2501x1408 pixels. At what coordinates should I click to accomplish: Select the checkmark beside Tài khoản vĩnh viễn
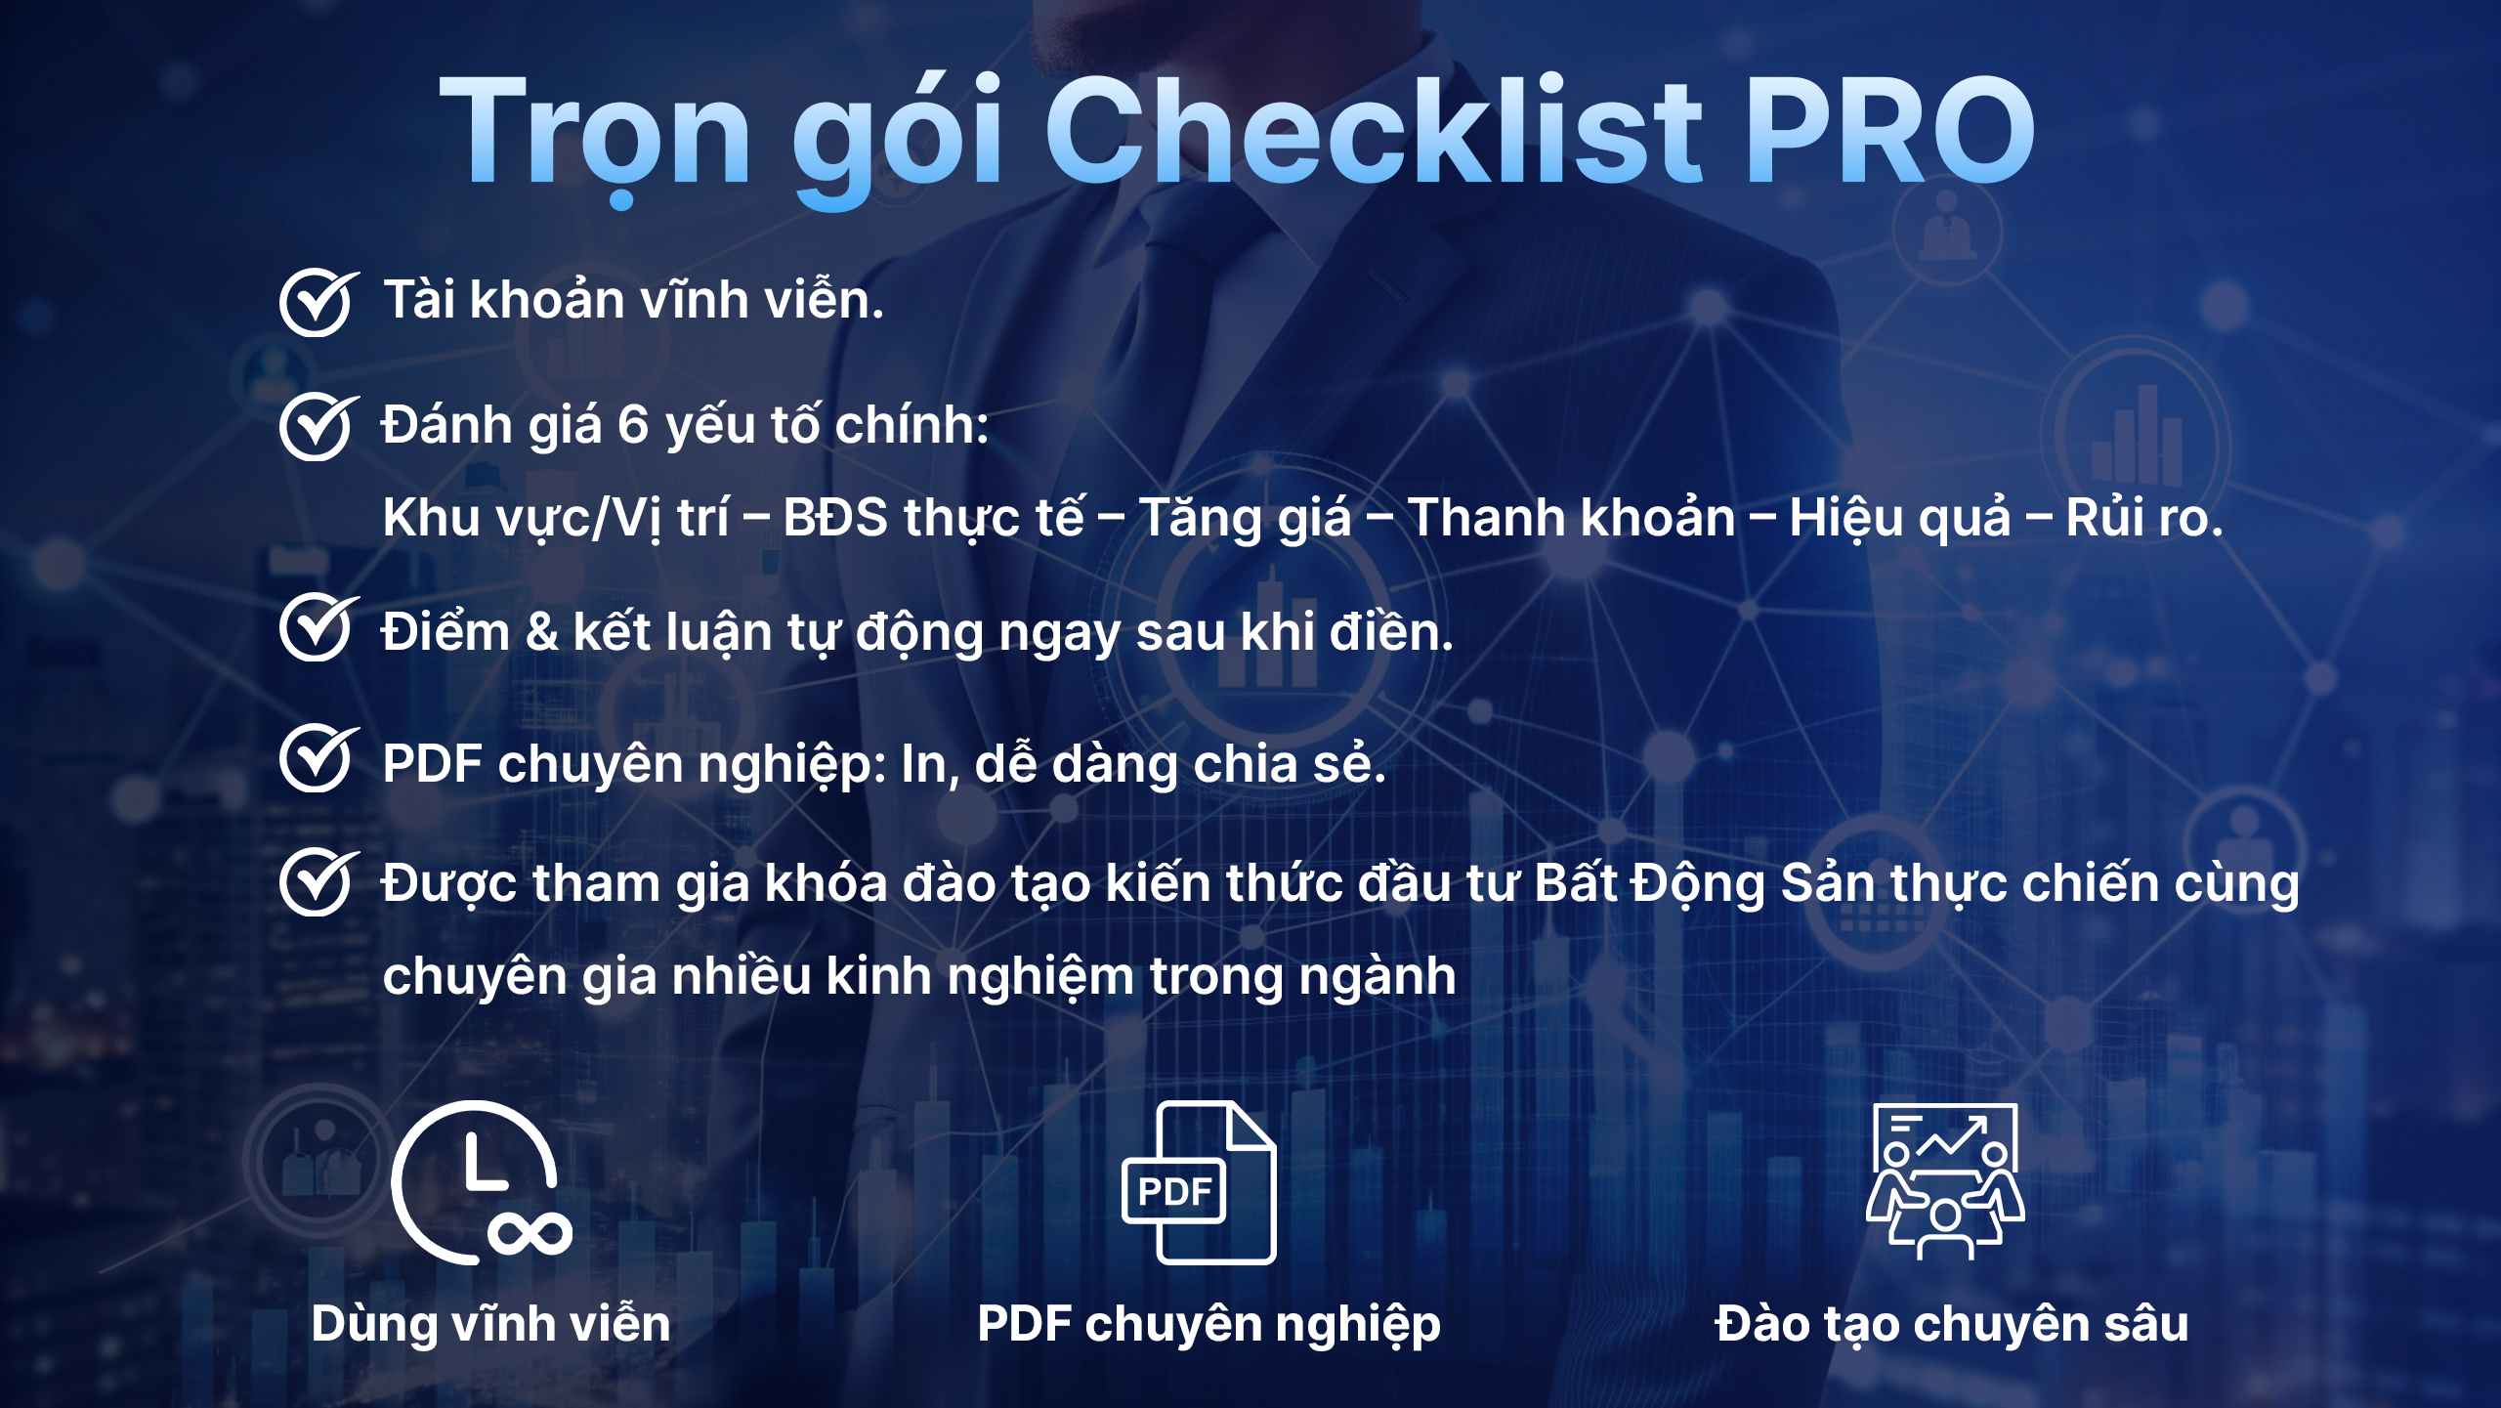(x=318, y=303)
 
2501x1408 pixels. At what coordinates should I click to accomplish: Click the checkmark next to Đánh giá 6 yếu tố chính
(x=318, y=427)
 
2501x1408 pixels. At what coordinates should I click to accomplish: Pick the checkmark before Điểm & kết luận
(x=318, y=627)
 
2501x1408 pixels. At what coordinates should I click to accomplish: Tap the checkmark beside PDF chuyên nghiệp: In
(x=318, y=758)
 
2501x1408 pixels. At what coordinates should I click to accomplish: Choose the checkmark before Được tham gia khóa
(x=318, y=882)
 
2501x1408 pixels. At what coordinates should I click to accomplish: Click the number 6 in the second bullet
(x=633, y=426)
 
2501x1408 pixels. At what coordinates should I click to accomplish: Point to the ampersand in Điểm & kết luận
(x=542, y=632)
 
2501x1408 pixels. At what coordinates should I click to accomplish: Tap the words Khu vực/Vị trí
(x=556, y=518)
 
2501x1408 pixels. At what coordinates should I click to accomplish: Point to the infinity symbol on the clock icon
(x=530, y=1234)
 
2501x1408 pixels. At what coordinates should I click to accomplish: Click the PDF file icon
(x=1200, y=1182)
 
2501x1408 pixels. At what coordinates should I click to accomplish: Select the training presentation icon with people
(x=1945, y=1181)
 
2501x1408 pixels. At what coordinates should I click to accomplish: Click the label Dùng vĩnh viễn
(x=491, y=1324)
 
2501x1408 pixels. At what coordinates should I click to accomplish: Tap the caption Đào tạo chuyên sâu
(x=1951, y=1325)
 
